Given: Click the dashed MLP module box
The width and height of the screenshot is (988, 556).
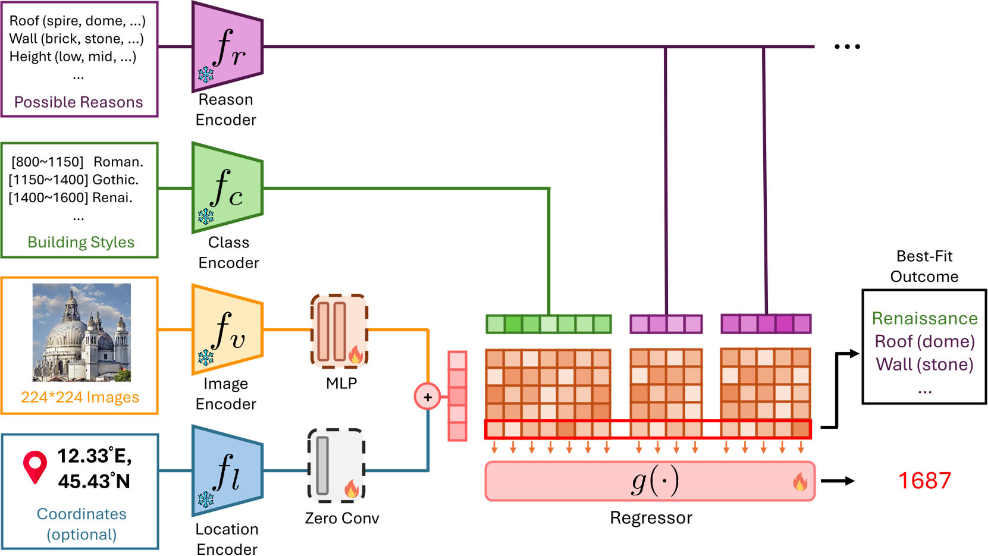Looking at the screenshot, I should click(339, 331).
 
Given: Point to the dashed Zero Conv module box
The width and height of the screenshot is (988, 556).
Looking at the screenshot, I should click(336, 465).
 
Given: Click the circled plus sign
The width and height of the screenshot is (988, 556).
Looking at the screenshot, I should click(427, 397).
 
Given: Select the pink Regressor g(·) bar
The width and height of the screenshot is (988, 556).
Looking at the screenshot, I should click(650, 481).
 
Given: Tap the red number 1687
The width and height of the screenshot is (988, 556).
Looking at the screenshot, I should click(924, 480).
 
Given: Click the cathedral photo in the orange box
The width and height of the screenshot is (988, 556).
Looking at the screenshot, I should click(81, 332).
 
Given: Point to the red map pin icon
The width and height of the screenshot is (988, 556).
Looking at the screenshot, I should click(35, 466).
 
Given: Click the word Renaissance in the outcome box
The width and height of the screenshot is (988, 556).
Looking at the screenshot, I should click(924, 319).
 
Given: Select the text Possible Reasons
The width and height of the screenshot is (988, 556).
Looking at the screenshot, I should click(79, 102).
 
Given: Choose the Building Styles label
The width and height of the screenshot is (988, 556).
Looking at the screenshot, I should click(81, 242).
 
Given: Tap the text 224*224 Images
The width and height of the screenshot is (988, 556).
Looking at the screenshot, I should click(80, 397).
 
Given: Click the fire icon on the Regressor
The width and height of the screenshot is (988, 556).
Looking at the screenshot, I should click(800, 482).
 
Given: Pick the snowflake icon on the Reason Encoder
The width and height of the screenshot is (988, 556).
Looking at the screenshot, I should click(206, 75).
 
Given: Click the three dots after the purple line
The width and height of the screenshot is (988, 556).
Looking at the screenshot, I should click(847, 46).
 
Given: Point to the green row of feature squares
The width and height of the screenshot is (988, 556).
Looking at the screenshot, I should click(548, 324).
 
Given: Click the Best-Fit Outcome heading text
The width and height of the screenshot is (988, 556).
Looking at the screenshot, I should click(924, 266).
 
